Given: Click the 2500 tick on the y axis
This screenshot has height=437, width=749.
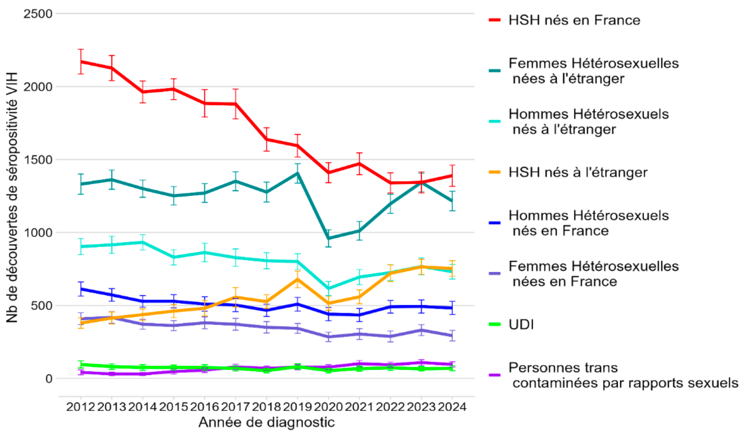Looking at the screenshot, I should point(38,13).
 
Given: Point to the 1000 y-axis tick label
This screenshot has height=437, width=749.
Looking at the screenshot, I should point(38,232).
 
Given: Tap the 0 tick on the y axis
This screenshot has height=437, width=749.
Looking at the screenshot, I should point(49,378).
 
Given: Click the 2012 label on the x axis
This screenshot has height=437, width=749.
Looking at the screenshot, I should point(81,407).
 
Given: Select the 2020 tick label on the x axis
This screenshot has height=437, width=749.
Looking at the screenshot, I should point(329,407).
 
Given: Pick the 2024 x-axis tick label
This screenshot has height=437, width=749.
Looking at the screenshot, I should point(452,407).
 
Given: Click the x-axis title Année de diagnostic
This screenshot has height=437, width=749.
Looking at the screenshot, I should point(267,422).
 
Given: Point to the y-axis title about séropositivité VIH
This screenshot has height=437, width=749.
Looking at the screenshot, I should point(12,198).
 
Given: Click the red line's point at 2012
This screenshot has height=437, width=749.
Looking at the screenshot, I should point(81,62).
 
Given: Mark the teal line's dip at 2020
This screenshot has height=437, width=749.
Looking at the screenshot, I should point(329,238).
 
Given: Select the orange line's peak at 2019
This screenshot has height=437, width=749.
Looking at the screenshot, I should point(298,279).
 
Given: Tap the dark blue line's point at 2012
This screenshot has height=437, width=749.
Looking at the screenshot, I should point(81,289).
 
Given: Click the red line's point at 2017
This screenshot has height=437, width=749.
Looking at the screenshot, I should point(236,104).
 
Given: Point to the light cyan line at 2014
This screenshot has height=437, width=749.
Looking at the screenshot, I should point(143,242).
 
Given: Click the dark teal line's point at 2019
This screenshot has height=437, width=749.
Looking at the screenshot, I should point(298,173).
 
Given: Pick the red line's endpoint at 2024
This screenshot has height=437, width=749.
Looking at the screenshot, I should point(452,176).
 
